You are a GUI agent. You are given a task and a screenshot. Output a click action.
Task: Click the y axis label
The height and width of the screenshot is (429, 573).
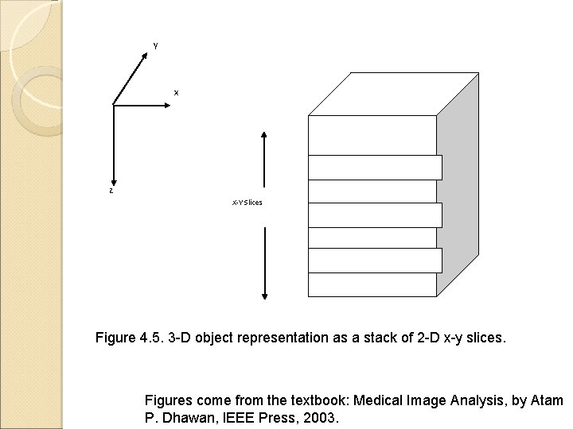[155, 44]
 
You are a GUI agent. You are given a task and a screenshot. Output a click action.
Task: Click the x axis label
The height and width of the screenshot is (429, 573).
[177, 93]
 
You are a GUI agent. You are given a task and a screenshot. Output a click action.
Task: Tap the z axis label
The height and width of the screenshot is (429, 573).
[111, 191]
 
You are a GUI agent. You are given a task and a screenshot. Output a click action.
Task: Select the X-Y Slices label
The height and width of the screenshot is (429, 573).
[247, 203]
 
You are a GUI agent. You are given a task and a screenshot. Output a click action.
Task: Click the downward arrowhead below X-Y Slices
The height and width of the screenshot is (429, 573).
[264, 297]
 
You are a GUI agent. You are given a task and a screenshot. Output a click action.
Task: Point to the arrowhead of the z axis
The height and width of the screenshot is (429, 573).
[115, 182]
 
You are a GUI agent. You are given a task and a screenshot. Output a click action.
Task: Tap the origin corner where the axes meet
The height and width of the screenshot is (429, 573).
[115, 105]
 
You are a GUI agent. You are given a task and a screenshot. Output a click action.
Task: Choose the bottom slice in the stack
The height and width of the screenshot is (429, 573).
[372, 284]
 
